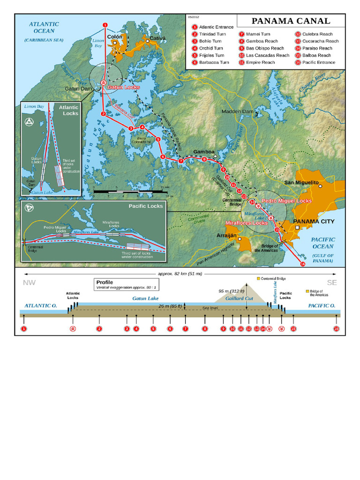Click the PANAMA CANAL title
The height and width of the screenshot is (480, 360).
[x=291, y=21]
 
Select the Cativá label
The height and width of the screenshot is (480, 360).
[x=157, y=37]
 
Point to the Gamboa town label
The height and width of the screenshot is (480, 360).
[x=203, y=152]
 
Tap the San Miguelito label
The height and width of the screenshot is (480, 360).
[x=301, y=182]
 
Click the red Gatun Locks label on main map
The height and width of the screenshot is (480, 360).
[x=124, y=87]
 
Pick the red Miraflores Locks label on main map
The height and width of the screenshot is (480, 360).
[x=247, y=223]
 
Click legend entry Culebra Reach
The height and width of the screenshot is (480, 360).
[x=317, y=34]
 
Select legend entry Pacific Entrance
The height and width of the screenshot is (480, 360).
[x=318, y=62]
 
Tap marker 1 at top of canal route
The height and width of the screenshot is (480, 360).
[x=105, y=25]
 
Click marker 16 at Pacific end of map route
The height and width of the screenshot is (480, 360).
[x=302, y=264]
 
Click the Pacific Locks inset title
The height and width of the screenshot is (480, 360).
[x=146, y=206]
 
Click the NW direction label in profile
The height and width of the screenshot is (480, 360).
[x=29, y=283]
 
